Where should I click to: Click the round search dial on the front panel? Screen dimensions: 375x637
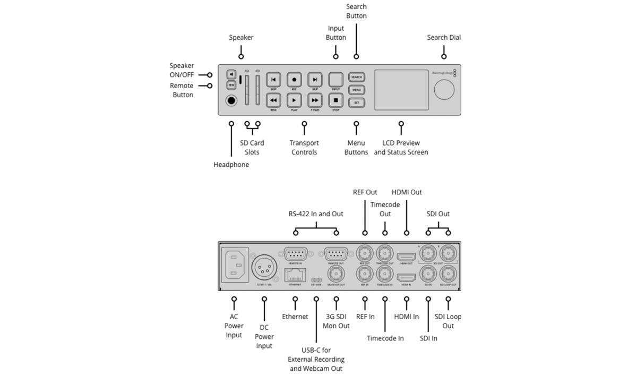coord(444,90)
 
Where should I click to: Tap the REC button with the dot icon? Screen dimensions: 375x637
coord(294,79)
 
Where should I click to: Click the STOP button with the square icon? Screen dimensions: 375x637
coord(335,99)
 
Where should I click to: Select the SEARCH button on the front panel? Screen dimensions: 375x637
coord(356,77)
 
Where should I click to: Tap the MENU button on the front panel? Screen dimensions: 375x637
coord(356,90)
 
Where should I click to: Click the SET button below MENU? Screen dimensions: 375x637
coord(356,101)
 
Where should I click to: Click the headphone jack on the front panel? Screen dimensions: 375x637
coord(231,100)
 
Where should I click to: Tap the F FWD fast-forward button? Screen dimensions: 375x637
coord(315,99)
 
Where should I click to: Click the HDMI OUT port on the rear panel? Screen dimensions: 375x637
coord(406,257)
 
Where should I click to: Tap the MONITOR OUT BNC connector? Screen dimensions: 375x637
coord(335,274)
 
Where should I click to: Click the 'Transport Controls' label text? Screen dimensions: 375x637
coord(304,148)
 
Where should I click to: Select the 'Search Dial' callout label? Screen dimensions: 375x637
coord(444,38)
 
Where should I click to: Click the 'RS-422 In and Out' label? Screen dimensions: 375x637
coord(316,214)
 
